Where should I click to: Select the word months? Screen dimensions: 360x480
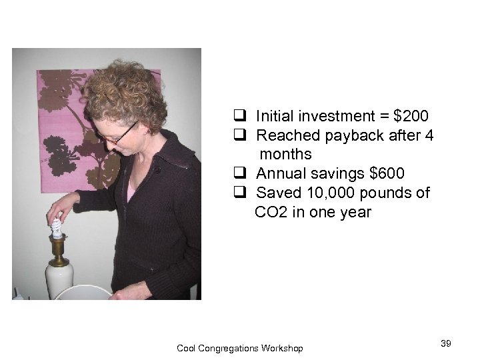tap(286, 155)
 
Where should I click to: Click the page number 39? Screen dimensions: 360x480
tap(446, 343)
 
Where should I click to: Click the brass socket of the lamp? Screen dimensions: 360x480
tap(58, 250)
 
